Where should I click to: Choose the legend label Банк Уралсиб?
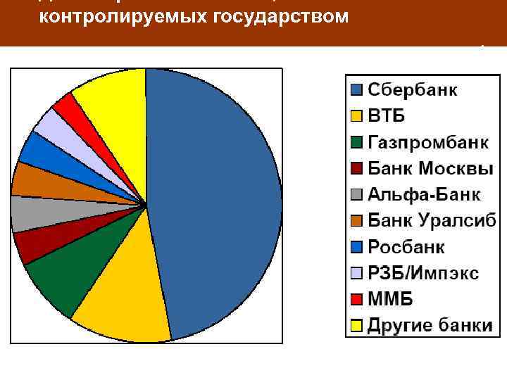coord(432,220)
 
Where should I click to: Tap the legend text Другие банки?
coord(430,324)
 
